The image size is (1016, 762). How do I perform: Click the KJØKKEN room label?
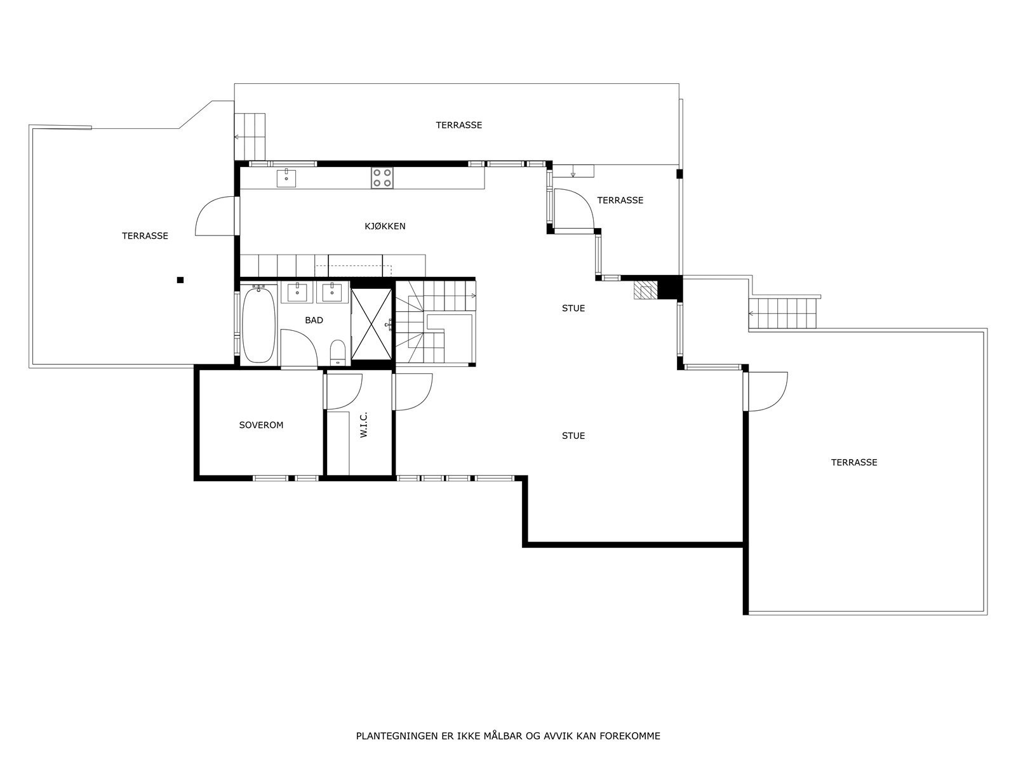pyautogui.click(x=385, y=226)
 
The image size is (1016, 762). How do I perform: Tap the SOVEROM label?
pyautogui.click(x=261, y=425)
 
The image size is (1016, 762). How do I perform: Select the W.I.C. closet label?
pyautogui.click(x=364, y=424)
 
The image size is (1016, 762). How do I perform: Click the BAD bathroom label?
pyautogui.click(x=314, y=320)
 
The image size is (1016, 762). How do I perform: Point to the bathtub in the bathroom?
pyautogui.click(x=258, y=324)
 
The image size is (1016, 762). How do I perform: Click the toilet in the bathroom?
pyautogui.click(x=337, y=351)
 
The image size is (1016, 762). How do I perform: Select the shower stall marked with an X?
pyautogui.click(x=371, y=324)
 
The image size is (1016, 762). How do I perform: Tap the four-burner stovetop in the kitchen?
pyautogui.click(x=382, y=177)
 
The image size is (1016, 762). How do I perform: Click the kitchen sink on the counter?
pyautogui.click(x=287, y=177)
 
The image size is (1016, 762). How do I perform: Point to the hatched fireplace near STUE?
pyautogui.click(x=645, y=290)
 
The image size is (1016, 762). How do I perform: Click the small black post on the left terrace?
pyautogui.click(x=180, y=279)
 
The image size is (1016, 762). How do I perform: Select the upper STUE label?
pyautogui.click(x=573, y=309)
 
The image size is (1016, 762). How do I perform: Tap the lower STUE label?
pyautogui.click(x=573, y=436)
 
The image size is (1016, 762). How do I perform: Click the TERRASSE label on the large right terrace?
pyautogui.click(x=853, y=462)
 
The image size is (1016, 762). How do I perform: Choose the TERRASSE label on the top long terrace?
pyautogui.click(x=458, y=125)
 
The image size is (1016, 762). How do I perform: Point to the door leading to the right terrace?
pyautogui.click(x=767, y=391)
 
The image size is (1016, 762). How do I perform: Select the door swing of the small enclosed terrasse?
pyautogui.click(x=575, y=208)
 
